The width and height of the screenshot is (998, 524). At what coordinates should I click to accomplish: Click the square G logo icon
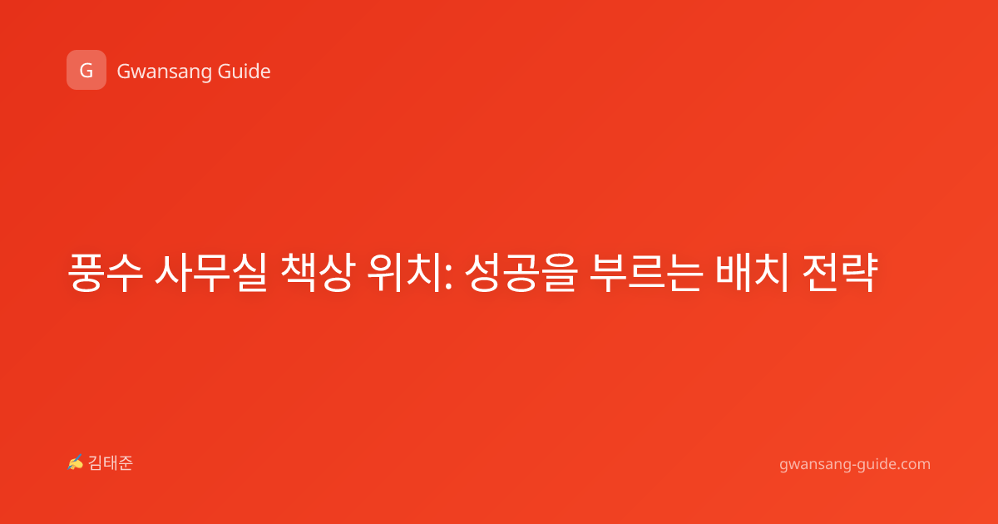[86, 70]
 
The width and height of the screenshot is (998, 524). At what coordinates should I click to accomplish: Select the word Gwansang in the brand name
[164, 72]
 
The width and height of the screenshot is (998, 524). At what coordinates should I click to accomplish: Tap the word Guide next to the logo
[245, 72]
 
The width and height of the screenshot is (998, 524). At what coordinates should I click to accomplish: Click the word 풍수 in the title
[106, 273]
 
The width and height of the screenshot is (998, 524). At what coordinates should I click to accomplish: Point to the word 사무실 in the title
[210, 273]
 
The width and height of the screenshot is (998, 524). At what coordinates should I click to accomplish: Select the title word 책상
[317, 273]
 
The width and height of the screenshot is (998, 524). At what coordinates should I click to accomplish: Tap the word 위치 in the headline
[403, 273]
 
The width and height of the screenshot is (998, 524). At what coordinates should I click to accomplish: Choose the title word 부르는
[646, 273]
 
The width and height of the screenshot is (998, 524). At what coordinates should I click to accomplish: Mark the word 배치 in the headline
[752, 273]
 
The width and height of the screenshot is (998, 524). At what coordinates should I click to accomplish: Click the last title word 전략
[839, 273]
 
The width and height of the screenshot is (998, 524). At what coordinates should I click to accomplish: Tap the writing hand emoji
[76, 462]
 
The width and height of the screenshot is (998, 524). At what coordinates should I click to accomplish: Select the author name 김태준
[111, 463]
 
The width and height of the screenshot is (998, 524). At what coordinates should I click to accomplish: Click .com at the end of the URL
[913, 464]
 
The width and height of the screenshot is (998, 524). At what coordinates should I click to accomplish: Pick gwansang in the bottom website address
[814, 466]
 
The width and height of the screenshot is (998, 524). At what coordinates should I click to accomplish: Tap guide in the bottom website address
[876, 464]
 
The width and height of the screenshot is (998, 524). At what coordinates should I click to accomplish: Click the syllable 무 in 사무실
[210, 273]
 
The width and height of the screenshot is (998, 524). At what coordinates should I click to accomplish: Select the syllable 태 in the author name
[111, 463]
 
